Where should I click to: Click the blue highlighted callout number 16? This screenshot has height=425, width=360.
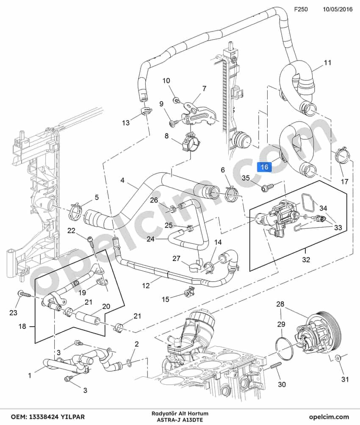tap(264, 167)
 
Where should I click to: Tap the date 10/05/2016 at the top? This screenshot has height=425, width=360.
tap(338, 9)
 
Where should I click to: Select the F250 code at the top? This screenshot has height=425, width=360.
tap(301, 9)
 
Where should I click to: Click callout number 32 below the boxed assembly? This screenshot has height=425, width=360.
tap(306, 259)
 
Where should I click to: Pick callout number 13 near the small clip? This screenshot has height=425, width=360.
tap(126, 123)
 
